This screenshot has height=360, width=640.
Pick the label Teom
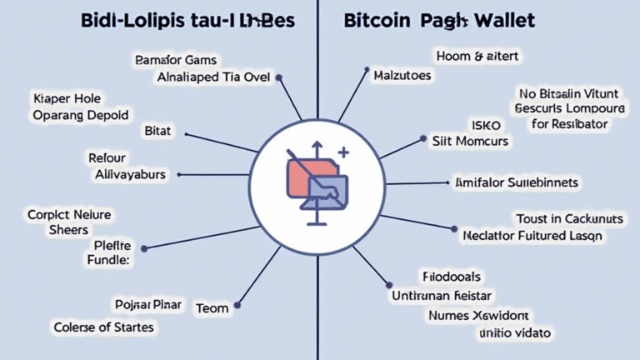pyautogui.click(x=212, y=308)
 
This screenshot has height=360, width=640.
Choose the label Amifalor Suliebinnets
pyautogui.click(x=517, y=182)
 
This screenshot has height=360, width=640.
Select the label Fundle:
pyautogui.click(x=109, y=261)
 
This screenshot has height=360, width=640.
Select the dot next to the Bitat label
pyautogui.click(x=186, y=132)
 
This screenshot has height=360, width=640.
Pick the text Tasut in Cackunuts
pyautogui.click(x=569, y=218)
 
